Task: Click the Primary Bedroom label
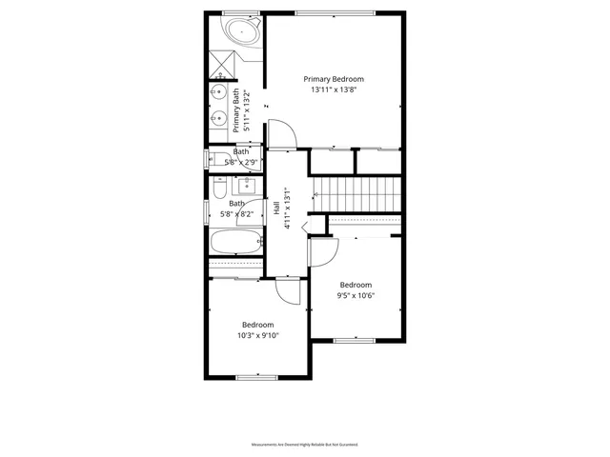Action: coord(334,79)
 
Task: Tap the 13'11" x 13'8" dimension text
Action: coord(334,89)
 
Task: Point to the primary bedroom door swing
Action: coord(284,134)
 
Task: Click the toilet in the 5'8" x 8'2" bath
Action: coord(218,190)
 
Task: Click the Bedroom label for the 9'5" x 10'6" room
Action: coord(356,285)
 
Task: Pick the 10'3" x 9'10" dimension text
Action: coord(257,334)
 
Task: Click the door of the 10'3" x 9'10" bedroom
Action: coord(289,289)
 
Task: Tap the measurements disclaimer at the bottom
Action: coord(305,445)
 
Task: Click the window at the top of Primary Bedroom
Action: coord(334,12)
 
